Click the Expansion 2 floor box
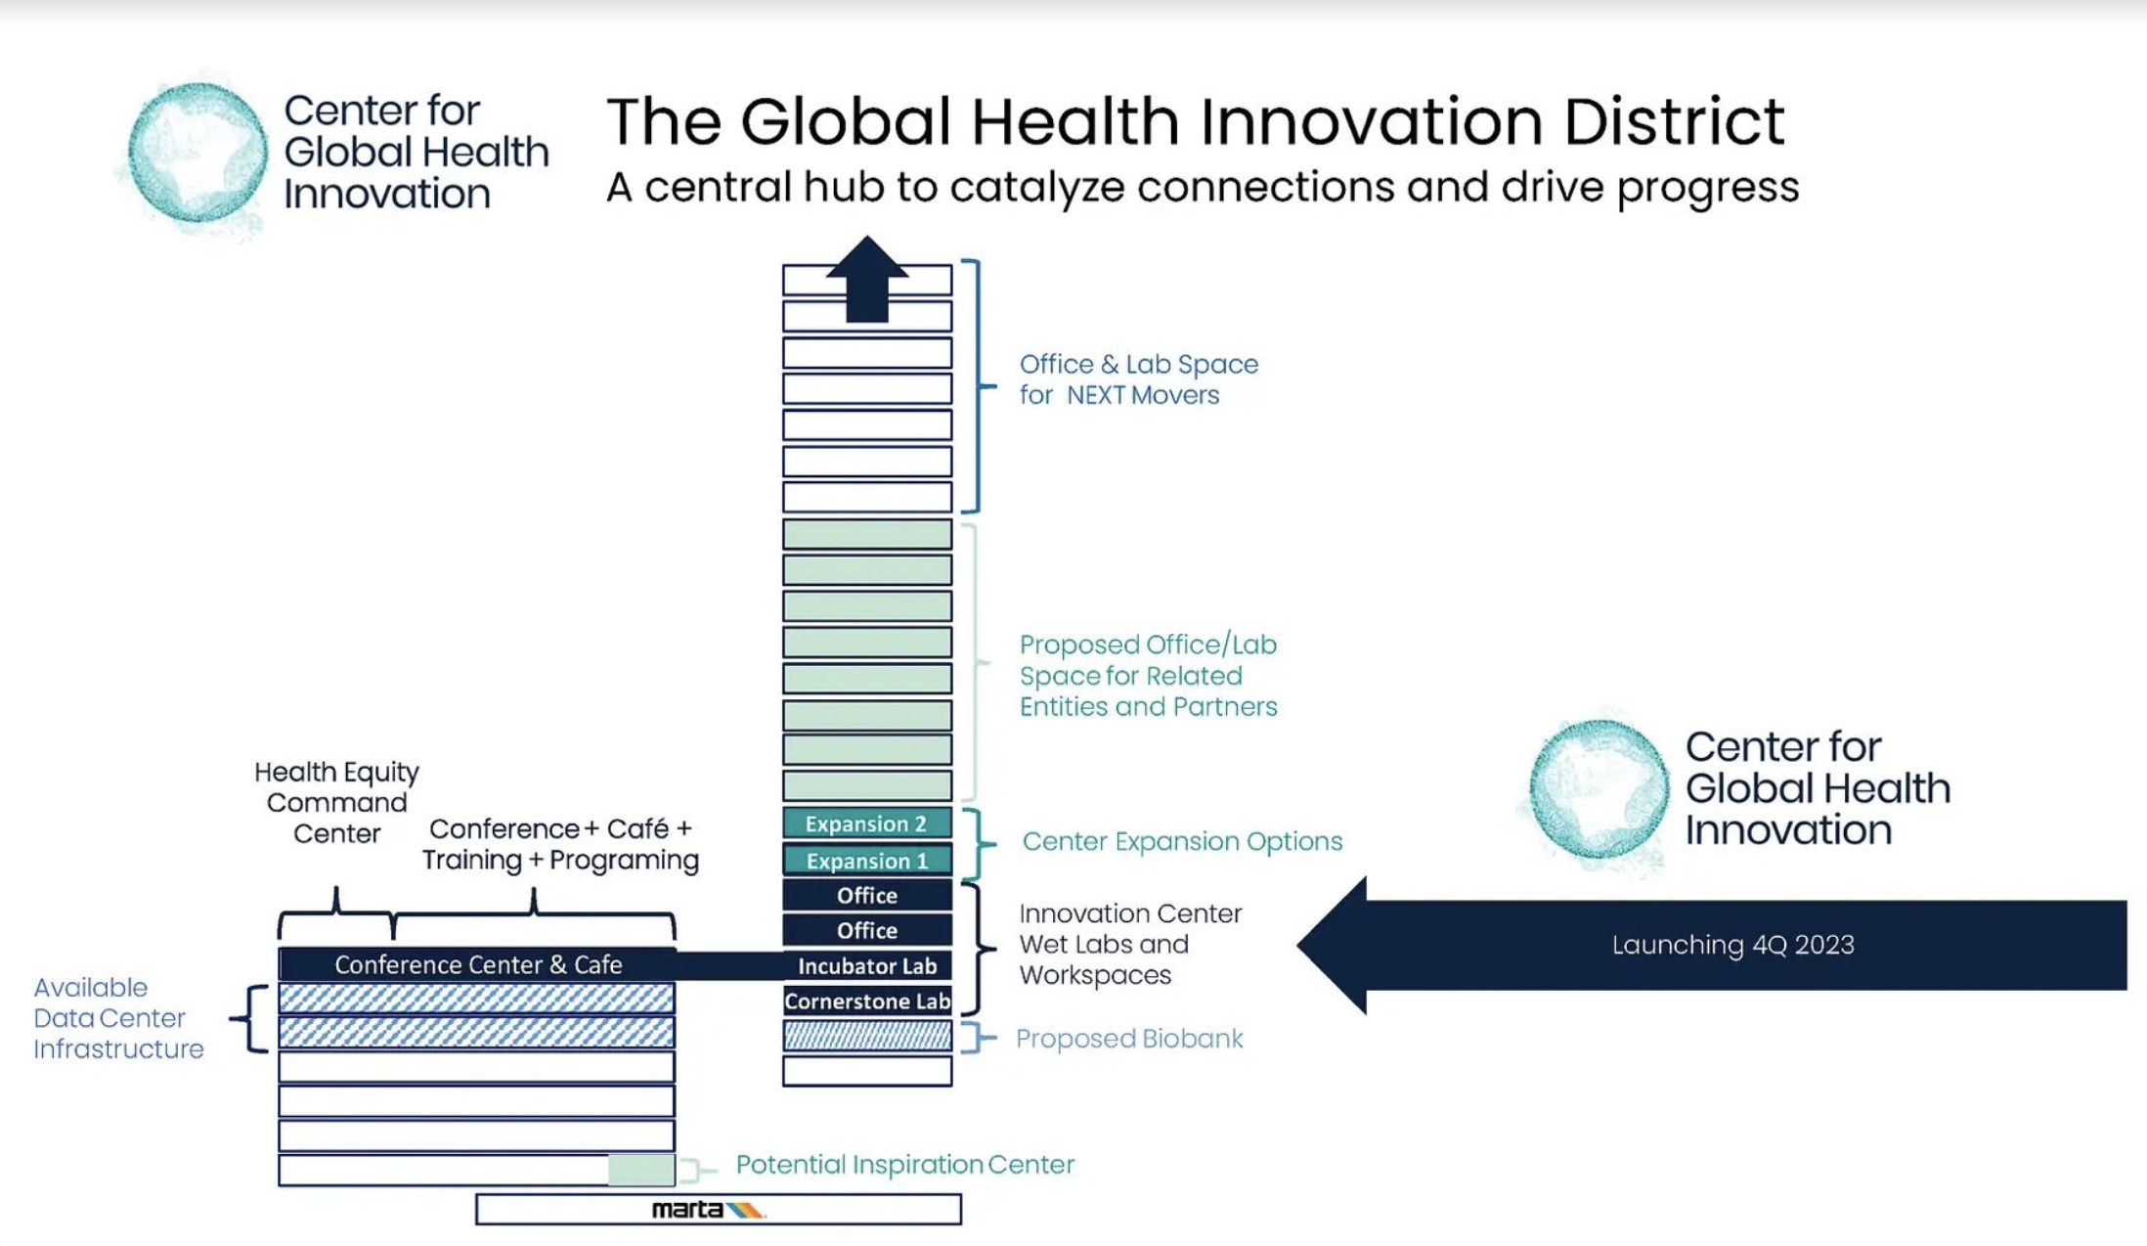point(867,823)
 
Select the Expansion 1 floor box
point(867,860)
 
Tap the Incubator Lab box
point(867,965)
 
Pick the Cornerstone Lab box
point(867,1001)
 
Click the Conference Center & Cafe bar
point(477,964)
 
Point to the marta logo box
point(719,1209)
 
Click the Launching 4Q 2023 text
point(1732,945)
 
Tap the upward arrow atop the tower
point(867,279)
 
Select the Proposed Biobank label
point(1129,1038)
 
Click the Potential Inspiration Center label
point(905,1164)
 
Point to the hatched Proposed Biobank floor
point(867,1036)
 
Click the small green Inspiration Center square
point(641,1170)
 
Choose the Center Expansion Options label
point(1182,841)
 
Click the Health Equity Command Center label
point(336,802)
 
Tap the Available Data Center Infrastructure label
point(118,1018)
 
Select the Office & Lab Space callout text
point(1139,379)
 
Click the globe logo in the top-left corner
point(197,152)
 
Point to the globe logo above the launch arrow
point(1599,789)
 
